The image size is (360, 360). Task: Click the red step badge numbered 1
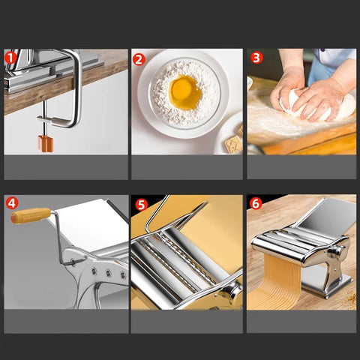pos(10,58)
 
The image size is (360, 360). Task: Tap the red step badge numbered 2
pos(139,59)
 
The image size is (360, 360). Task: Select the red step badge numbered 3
pos(256,58)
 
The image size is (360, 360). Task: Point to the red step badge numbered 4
pos(12,203)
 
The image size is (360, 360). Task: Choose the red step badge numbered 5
pos(142,205)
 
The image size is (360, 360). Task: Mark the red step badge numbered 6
pos(256,203)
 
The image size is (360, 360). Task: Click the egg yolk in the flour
pos(185,92)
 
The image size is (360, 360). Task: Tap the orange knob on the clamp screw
pos(46,144)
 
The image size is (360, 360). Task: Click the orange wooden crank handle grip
pos(31,215)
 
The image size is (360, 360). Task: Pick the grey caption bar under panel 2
pos(187,167)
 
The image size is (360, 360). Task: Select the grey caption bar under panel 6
pos(301,322)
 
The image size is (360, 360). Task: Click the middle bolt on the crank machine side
pos(108,273)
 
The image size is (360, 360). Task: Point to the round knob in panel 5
pos(232,291)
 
